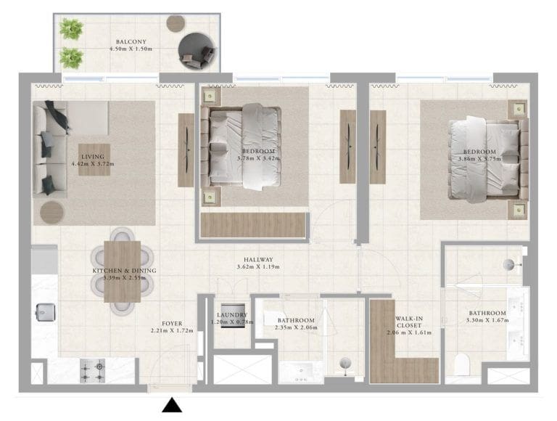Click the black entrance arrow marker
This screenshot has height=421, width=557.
(x=173, y=405)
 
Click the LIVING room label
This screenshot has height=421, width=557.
(x=93, y=156)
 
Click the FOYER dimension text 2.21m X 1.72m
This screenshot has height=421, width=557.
(x=173, y=330)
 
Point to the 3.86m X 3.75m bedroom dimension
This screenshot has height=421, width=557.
(x=479, y=158)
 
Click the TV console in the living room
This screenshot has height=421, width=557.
(x=187, y=142)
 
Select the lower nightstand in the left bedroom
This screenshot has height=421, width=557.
(x=211, y=195)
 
